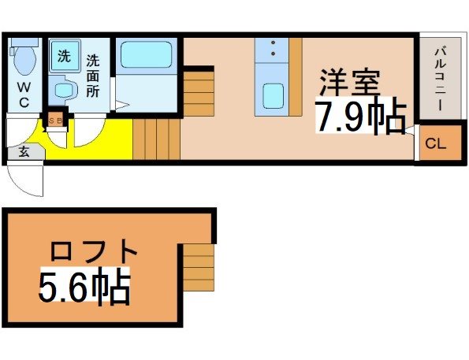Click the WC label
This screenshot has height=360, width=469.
24,95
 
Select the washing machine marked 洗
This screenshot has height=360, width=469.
65,56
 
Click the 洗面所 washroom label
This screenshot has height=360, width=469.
93,76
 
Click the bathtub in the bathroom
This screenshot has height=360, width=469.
146,54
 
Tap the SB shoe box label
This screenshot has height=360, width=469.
55,121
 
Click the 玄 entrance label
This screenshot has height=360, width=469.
24,152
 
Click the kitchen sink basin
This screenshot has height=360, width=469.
273,96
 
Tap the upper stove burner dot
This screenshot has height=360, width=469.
273,43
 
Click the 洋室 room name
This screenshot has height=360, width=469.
350,82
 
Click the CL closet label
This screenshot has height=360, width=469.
436,144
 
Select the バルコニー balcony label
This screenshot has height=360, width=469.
440,79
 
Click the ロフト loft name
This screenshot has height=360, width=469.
94,251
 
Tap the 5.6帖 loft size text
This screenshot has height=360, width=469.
84,285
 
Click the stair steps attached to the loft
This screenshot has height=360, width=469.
199,267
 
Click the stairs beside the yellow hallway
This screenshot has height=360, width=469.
156,139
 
